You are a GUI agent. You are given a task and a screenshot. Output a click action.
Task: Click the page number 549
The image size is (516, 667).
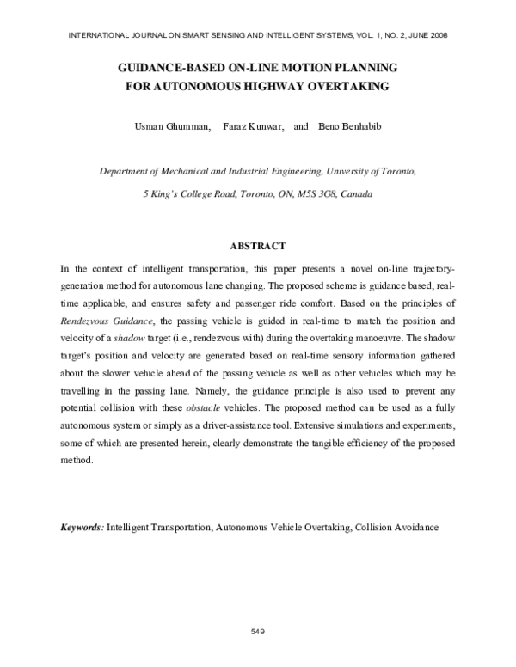[x=256, y=632]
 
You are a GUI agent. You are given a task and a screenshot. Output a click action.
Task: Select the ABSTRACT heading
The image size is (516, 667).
[x=257, y=247]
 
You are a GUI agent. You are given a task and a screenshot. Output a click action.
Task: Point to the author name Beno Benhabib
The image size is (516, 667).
[x=351, y=126]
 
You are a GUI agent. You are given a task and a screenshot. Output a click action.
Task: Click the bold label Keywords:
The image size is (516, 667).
[x=82, y=525]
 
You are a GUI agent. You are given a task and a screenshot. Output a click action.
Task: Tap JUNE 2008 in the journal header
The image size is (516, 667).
[x=427, y=35]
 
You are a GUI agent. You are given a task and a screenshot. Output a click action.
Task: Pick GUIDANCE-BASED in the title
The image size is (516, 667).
[x=164, y=67]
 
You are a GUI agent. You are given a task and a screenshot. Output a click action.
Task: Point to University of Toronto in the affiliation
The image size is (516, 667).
[x=372, y=171]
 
